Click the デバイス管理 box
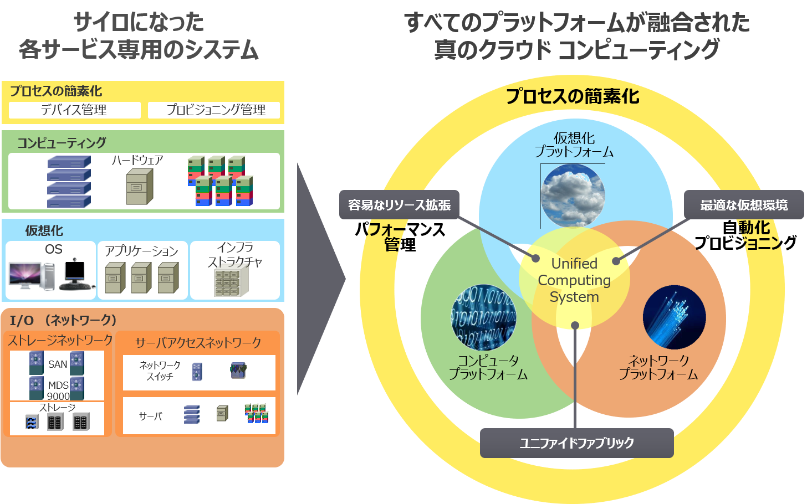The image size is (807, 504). tap(74, 110)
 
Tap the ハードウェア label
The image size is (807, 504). tap(137, 160)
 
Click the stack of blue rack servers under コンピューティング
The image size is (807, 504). tap(69, 181)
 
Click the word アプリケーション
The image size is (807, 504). tap(142, 251)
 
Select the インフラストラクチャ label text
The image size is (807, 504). tap(235, 255)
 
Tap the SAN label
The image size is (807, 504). tap(58, 364)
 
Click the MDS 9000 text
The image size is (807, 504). tap(58, 390)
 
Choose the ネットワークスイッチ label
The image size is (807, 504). tap(160, 371)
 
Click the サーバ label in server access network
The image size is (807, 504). tap(150, 416)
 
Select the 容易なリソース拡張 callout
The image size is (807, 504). tap(399, 205)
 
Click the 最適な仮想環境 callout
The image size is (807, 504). tap(743, 205)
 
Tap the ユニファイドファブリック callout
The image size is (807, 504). tap(576, 443)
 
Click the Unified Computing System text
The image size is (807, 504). tap(574, 280)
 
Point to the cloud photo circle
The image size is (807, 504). tap(573, 196)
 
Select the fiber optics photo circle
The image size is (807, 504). tap(674, 317)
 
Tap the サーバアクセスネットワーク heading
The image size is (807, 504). tap(198, 343)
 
